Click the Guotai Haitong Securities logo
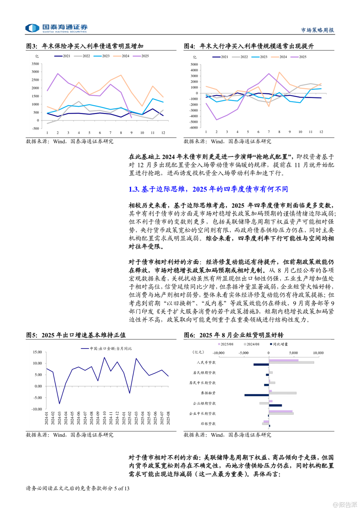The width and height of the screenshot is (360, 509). pos(56,28)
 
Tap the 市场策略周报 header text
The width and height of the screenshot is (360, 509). pos(317,30)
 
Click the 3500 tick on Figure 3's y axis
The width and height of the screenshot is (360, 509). pos(35,64)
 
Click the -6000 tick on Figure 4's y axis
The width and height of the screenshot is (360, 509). pos(194,128)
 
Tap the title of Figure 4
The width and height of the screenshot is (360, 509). pos(249,46)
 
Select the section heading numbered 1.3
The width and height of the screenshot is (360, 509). pos(208,189)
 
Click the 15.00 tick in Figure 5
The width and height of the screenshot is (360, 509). pos(37,352)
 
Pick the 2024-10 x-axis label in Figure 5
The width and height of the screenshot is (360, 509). pos(104,418)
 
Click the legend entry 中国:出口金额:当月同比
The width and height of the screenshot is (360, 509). pos(107,348)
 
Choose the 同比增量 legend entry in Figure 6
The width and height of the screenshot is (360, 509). pos(279,344)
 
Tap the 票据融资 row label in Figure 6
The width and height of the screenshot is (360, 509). pos(208,393)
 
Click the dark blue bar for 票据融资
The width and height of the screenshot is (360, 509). pos(257,395)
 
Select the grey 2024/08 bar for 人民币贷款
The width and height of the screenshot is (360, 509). pos(291,362)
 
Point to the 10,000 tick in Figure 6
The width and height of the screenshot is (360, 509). pos(318,353)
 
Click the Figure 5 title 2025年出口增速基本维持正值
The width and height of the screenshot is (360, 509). pos(76,335)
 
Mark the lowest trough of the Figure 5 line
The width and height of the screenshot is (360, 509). pos(59,403)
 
